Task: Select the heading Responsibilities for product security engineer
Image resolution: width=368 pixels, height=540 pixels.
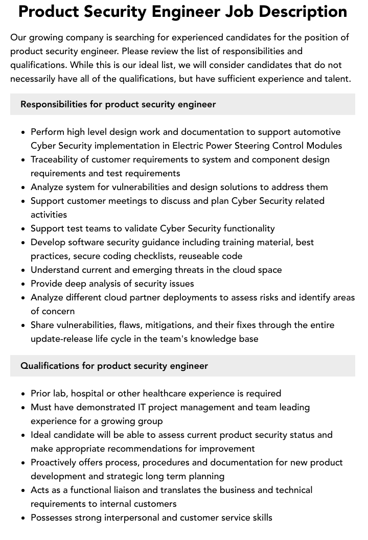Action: pyautogui.click(x=118, y=104)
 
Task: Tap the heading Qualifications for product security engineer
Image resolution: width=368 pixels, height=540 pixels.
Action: pyautogui.click(x=114, y=366)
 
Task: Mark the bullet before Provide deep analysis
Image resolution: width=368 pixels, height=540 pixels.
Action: pyautogui.click(x=24, y=284)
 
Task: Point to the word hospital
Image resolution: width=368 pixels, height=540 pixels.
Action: pyautogui.click(x=90, y=393)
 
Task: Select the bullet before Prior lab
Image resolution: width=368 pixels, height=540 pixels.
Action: pyautogui.click(x=24, y=394)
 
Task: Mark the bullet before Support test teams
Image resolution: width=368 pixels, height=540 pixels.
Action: pyautogui.click(x=24, y=229)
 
